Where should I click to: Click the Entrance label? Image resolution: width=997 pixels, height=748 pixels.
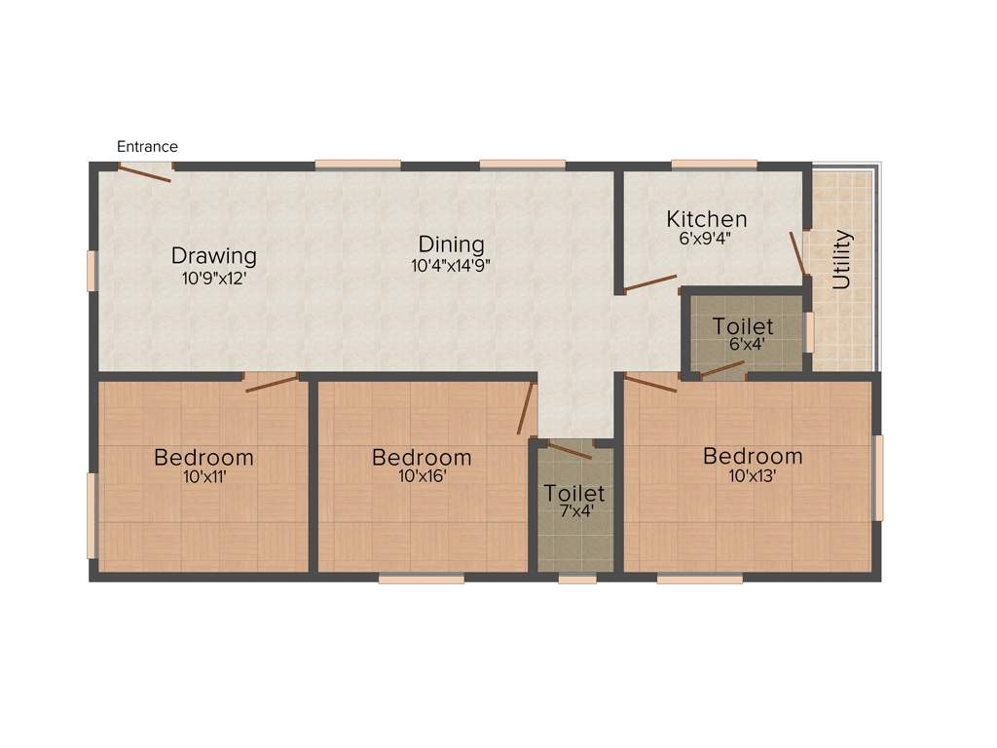tap(147, 147)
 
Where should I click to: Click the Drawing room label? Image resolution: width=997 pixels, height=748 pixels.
tap(214, 256)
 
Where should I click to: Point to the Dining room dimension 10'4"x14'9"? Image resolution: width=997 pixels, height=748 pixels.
tap(451, 264)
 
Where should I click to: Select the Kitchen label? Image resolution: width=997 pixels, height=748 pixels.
tap(707, 219)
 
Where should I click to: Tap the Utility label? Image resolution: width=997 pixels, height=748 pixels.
tap(843, 260)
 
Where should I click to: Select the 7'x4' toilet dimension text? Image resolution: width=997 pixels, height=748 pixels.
tap(574, 512)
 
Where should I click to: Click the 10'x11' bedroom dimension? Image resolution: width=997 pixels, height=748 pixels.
tap(204, 476)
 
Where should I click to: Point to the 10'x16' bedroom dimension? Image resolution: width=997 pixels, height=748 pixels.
tap(422, 476)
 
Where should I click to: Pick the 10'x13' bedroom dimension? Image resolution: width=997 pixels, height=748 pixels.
tap(753, 475)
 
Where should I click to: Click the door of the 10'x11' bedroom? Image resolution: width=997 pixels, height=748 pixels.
tap(272, 383)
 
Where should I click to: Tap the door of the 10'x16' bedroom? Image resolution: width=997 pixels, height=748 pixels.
tap(527, 409)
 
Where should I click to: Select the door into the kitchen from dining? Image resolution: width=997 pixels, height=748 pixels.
tap(650, 283)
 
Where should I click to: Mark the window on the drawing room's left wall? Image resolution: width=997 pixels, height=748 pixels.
tap(92, 271)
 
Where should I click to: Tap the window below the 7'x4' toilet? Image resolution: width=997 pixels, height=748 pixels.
tap(577, 579)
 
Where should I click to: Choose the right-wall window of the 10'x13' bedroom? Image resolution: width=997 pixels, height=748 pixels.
tap(878, 477)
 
